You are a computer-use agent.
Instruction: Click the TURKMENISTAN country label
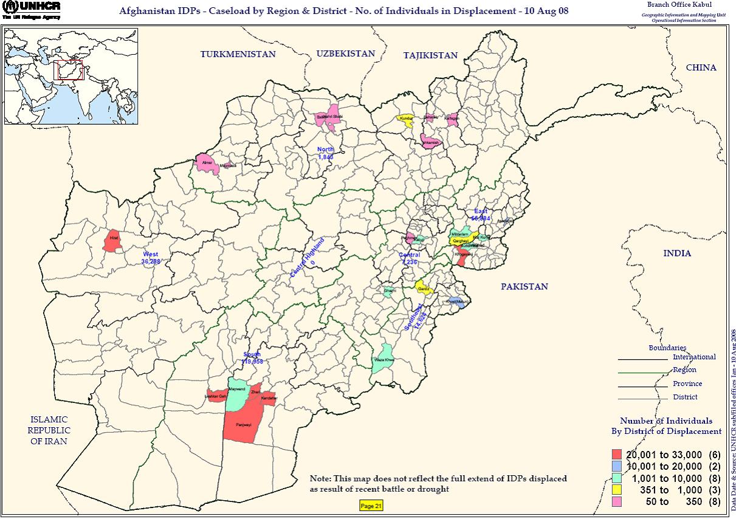tap(238, 54)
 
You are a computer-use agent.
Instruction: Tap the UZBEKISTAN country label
tap(345, 53)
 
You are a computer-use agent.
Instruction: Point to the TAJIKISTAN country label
tap(430, 55)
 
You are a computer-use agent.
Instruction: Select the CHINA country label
tap(701, 67)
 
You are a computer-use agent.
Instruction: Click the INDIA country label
tap(677, 253)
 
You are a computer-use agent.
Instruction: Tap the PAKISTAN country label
tap(524, 286)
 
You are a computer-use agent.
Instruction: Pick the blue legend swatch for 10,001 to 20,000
tap(617, 467)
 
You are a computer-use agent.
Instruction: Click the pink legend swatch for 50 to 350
tap(617, 502)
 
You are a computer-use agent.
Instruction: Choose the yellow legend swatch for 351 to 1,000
tap(617, 490)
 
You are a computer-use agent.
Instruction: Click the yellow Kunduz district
tap(405, 119)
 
